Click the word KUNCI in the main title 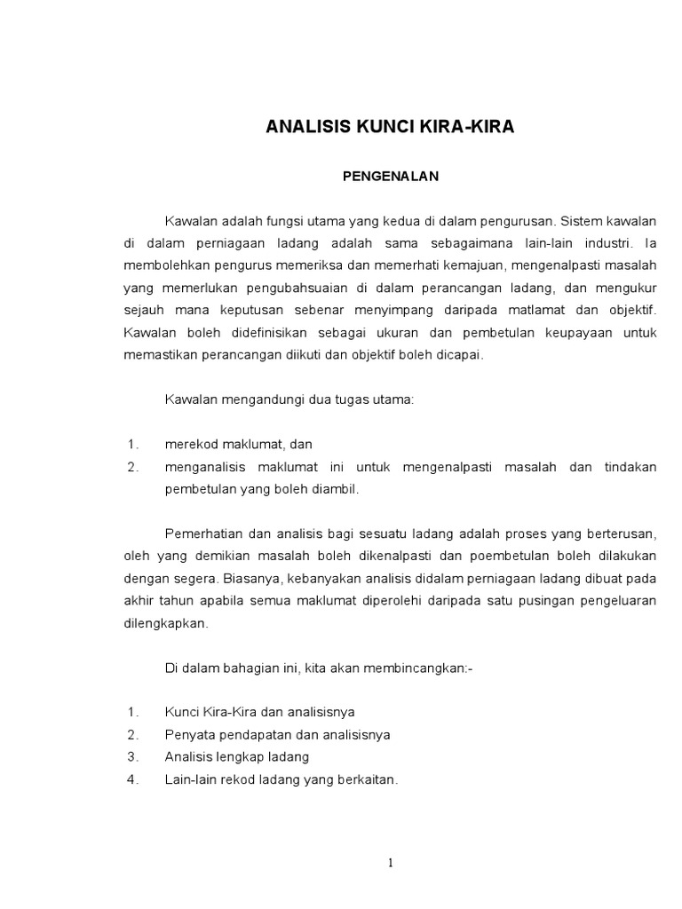point(366,128)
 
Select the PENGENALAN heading point(391,177)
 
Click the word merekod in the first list point(189,444)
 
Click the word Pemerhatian point(203,534)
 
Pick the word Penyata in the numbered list point(188,735)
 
